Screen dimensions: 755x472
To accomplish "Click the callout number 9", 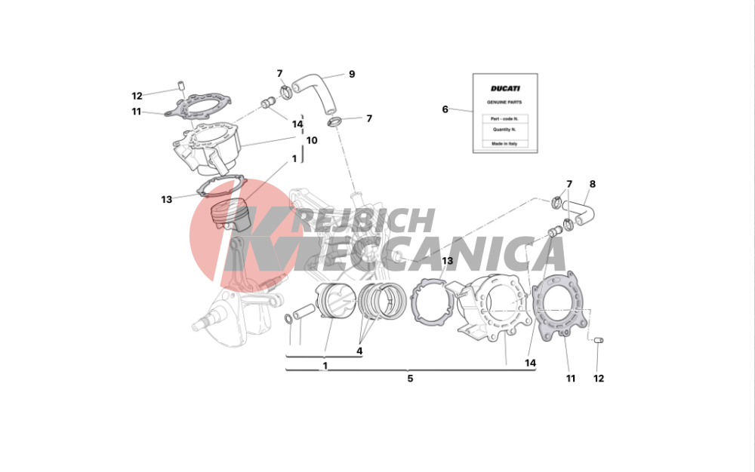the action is coord(352,74).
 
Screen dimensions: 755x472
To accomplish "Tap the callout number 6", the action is coord(445,109).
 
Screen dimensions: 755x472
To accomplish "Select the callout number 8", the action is coord(592,184).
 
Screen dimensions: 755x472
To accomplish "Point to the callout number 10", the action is coord(312,140).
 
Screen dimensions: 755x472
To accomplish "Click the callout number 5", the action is coord(410,379).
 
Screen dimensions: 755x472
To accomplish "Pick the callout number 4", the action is coord(359,351).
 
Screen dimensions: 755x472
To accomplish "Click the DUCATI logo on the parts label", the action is coord(505,88).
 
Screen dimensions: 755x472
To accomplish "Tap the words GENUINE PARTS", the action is coord(504,103).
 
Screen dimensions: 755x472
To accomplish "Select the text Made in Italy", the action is coord(504,144).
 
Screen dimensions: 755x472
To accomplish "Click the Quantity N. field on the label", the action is coord(505,130).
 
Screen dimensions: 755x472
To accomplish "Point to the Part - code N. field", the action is coord(505,118).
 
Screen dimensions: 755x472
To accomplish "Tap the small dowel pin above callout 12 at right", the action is coord(599,340).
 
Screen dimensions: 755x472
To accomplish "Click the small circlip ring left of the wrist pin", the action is coord(288,319).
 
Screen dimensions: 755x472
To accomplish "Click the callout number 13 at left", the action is coord(167,200).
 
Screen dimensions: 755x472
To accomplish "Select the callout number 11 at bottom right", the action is coord(571,379).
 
